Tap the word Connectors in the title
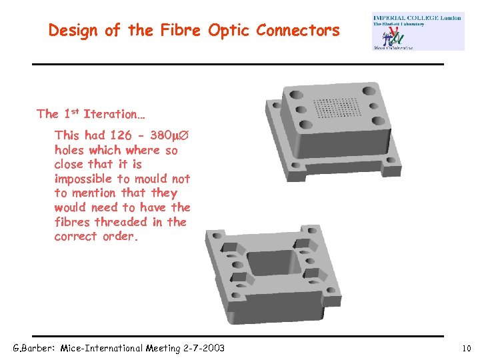(298, 30)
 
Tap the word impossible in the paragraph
(84, 179)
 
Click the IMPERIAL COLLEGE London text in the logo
(417, 18)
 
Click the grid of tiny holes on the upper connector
(340, 107)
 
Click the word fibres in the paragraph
(73, 222)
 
